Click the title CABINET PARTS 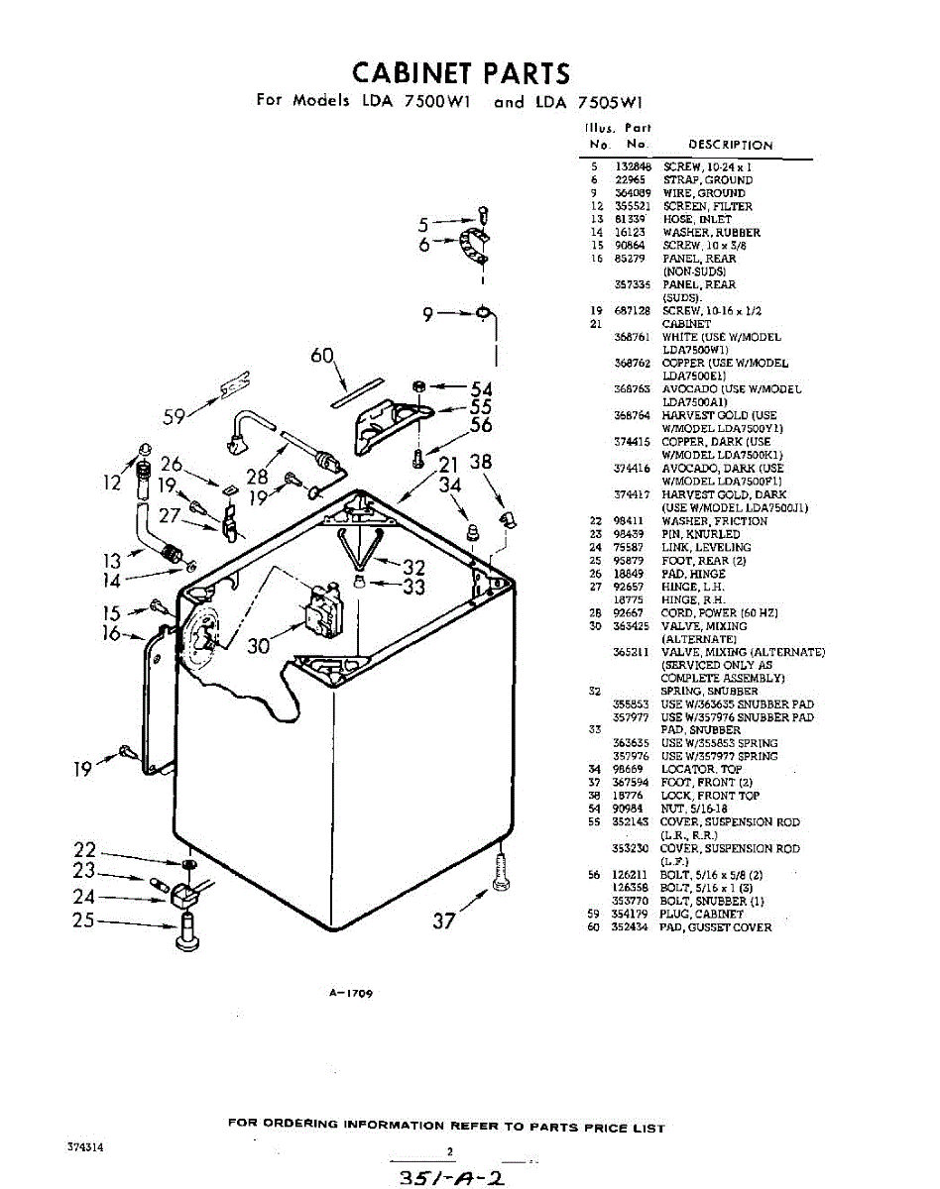462,72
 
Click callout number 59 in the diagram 175,417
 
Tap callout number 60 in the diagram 322,356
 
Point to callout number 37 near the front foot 443,921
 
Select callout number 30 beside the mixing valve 260,646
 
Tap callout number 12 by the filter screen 112,483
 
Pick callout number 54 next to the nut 482,388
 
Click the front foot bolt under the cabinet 502,872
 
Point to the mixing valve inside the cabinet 323,615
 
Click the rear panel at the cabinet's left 159,694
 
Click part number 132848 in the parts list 632,167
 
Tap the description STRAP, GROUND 708,180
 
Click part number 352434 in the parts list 631,927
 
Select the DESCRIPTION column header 730,145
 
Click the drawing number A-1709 354,992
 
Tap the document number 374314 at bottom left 86,1146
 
